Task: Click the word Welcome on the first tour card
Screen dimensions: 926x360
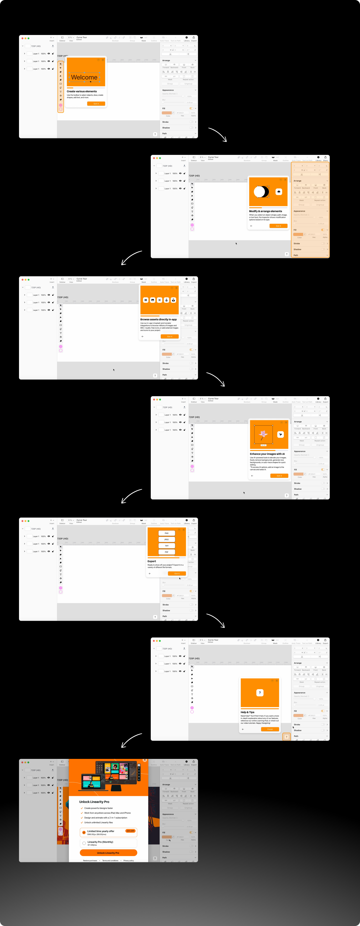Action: point(84,77)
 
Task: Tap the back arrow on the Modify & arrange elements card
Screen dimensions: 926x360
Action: point(251,226)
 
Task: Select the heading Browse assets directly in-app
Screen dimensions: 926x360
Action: point(158,319)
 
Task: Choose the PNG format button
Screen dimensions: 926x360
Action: point(166,533)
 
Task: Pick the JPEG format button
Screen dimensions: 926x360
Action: point(166,539)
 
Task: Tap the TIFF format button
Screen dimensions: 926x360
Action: point(166,546)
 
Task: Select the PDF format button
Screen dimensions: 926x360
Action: point(166,552)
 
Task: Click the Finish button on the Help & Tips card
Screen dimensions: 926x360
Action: point(270,729)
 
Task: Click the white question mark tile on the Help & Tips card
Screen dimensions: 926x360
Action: point(260,693)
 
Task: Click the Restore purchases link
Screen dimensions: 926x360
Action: point(90,860)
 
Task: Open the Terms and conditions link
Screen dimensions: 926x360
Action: point(110,860)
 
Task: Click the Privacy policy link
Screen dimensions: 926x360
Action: point(128,860)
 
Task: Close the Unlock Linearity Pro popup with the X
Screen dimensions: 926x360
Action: point(144,760)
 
